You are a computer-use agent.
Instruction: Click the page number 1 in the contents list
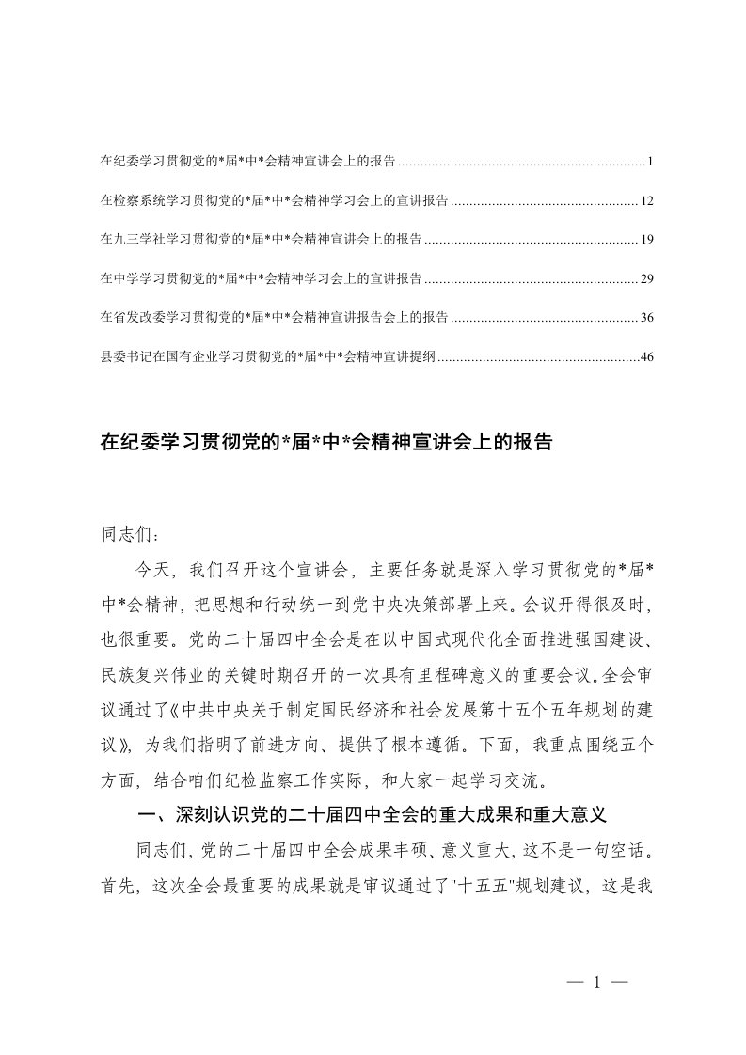point(649,162)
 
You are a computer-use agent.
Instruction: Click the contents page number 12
point(645,201)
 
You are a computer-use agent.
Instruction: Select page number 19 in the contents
point(645,240)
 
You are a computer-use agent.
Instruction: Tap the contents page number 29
point(645,279)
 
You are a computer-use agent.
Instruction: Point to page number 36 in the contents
point(645,318)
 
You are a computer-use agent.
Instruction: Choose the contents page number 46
point(645,357)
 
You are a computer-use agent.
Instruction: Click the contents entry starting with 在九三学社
point(261,240)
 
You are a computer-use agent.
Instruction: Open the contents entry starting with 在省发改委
point(274,318)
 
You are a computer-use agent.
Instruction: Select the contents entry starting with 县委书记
point(267,357)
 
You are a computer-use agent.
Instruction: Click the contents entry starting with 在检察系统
point(274,201)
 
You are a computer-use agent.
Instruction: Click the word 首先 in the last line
point(118,883)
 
